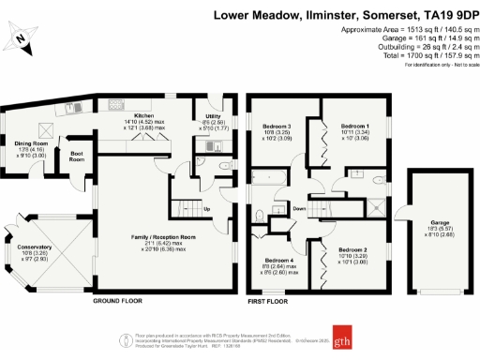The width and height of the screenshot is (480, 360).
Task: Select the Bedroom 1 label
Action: [x=355, y=126]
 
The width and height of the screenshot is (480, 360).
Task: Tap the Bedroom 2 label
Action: [x=352, y=249]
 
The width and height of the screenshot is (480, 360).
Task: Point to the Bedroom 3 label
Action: [x=277, y=127]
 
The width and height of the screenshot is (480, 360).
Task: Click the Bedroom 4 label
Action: [x=278, y=260]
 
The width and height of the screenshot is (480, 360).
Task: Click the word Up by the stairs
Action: [x=206, y=208]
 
